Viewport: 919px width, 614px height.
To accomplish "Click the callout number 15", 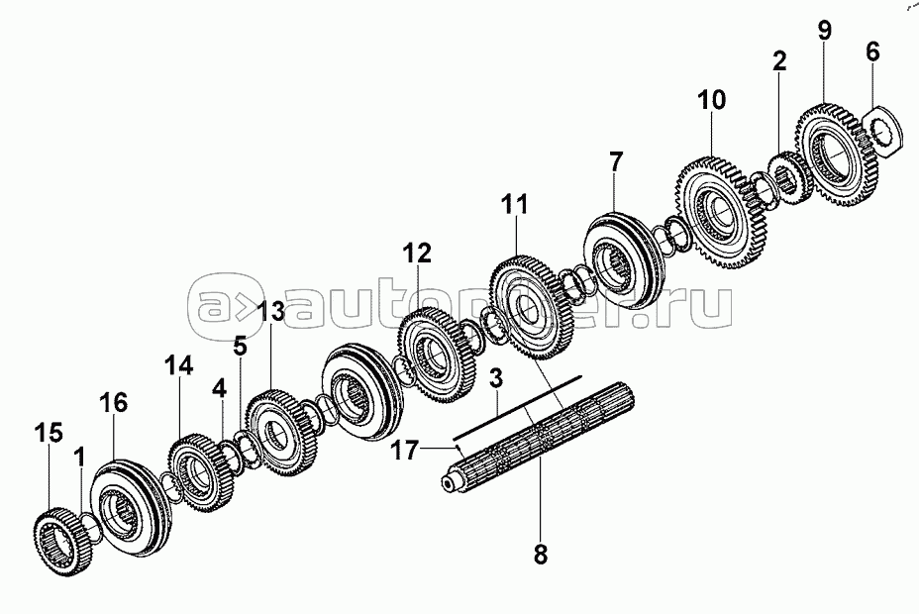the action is click(x=49, y=433).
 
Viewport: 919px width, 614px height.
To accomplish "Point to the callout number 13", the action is click(x=270, y=311).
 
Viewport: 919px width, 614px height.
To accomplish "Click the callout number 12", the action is click(x=417, y=255).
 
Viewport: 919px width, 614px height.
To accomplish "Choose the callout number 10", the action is click(x=711, y=99).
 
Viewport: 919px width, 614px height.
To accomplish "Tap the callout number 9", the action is click(x=825, y=29).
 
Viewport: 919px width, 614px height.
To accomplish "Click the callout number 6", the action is click(x=872, y=51).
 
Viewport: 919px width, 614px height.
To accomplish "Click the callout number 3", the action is click(x=497, y=378).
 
